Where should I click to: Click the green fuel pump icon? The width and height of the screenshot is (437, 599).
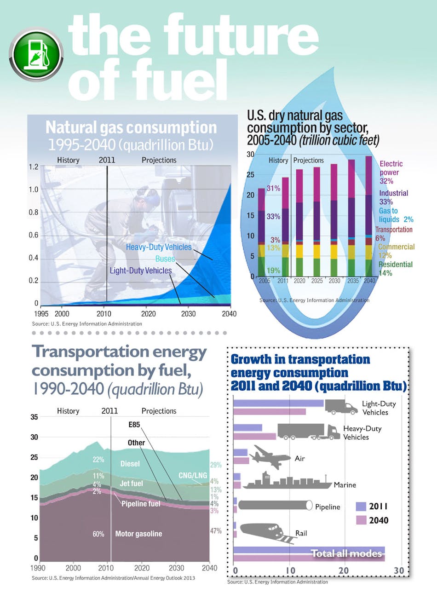36,55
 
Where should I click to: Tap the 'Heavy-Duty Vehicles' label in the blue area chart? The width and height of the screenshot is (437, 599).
159,247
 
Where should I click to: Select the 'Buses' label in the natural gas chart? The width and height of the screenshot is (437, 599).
165,259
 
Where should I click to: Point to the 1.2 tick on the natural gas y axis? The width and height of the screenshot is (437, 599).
33,167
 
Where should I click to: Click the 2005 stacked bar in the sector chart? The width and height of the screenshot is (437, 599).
262,232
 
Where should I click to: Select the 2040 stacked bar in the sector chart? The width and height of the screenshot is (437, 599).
369,216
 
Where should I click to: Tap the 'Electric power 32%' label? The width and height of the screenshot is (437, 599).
391,173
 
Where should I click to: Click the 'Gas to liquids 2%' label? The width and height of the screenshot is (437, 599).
396,215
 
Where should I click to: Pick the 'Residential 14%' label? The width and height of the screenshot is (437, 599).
395,269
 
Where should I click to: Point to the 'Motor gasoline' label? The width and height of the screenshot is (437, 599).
138,534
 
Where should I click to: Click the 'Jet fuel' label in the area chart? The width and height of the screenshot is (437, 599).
131,484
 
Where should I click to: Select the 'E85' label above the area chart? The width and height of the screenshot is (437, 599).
134,425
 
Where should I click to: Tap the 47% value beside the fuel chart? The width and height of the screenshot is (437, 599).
215,531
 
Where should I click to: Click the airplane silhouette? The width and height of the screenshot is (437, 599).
271,457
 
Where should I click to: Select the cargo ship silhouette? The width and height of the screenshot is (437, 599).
286,481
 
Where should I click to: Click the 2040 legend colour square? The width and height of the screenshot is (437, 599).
361,520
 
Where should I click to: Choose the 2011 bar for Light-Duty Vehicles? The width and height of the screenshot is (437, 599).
279,403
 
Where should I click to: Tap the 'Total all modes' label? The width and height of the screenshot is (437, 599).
346,553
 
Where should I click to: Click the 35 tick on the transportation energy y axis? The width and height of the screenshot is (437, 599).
34,417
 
